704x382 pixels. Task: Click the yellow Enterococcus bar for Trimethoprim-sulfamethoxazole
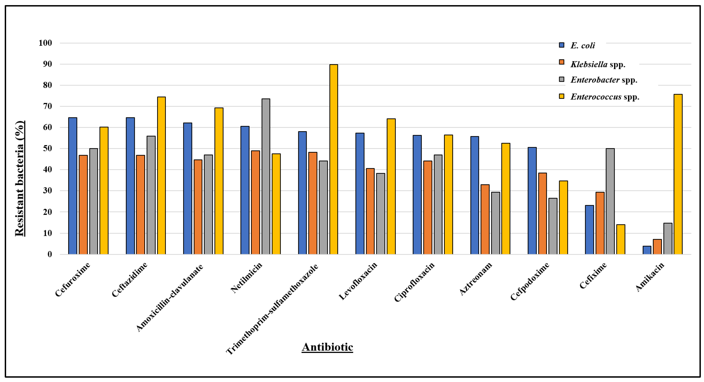(333, 160)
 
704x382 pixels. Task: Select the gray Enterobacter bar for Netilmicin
(266, 177)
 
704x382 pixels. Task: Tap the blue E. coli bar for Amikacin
(647, 250)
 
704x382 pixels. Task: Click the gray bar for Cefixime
(610, 202)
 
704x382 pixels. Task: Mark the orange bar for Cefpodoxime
(543, 214)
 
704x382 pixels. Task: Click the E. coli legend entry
(582, 45)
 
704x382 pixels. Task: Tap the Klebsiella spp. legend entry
(598, 64)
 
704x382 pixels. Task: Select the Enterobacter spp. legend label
(604, 80)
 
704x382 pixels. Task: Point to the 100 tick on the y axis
(45, 43)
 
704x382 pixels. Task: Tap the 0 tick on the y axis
(49, 255)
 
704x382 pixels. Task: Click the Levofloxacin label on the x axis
(358, 281)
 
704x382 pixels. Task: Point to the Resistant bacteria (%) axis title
(19, 179)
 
